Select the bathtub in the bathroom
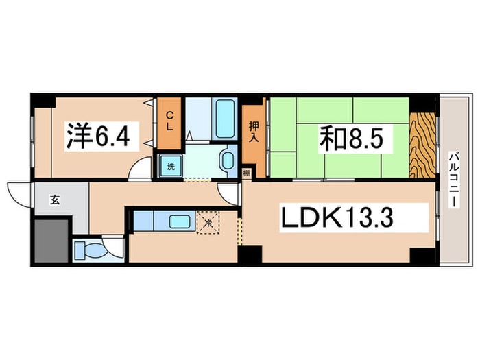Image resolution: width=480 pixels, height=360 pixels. [224, 120]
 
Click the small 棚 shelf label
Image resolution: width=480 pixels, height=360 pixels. [245, 174]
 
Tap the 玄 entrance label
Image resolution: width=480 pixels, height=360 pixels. [53, 200]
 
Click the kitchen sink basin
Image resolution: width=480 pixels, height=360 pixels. [180, 221]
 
